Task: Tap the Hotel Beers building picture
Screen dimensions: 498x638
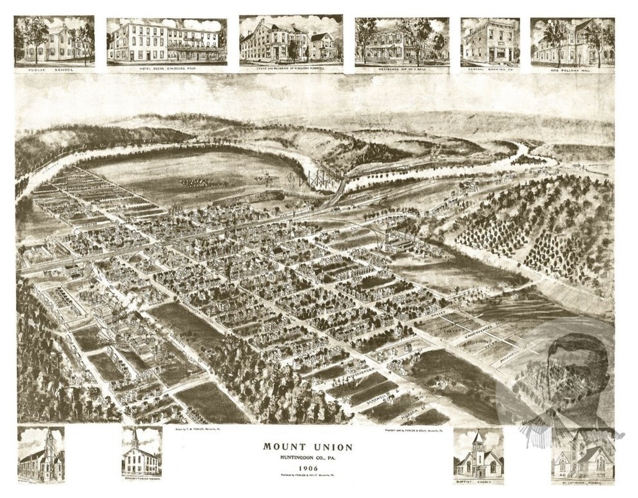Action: coord(166,40)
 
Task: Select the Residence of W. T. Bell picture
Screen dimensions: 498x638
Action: coord(401,40)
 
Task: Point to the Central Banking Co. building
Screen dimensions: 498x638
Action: coord(490,40)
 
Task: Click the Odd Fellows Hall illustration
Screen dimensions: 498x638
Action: coord(572,40)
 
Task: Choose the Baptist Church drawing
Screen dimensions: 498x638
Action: coord(478,454)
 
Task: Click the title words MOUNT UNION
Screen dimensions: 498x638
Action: coord(307,446)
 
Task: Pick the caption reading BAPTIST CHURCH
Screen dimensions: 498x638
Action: coord(478,481)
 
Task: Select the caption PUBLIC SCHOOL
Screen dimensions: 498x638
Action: coord(54,65)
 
